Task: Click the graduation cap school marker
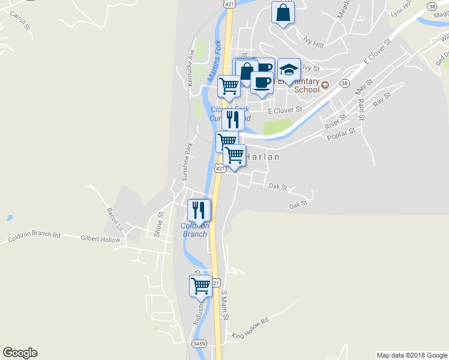coord(289,69)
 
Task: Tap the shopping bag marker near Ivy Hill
coord(283,13)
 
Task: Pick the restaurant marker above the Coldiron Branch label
coord(199,210)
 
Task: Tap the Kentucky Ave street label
coord(191,67)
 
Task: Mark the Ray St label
coord(382,100)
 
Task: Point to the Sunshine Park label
coord(188,161)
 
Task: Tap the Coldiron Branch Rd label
coord(34,237)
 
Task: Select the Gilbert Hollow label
coord(100,239)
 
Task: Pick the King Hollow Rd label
coord(250,328)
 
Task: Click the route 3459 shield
coord(199,344)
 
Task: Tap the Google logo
coord(20,353)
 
